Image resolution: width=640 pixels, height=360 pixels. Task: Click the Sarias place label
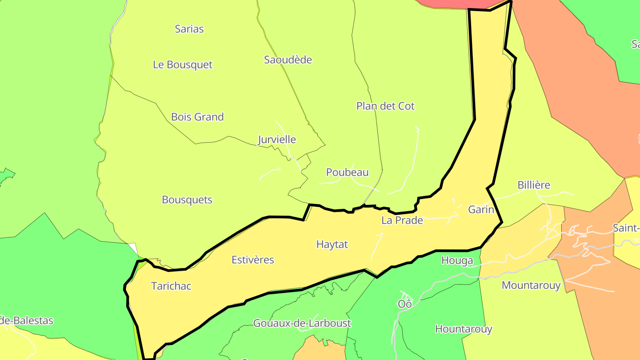click(x=189, y=29)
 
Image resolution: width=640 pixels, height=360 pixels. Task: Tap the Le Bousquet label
click(x=183, y=64)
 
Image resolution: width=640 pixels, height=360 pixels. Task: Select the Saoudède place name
click(x=288, y=60)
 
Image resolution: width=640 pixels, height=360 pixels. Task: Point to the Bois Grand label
click(x=197, y=117)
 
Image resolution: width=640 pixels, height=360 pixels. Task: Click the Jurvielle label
click(x=277, y=140)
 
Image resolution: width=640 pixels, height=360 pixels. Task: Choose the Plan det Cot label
click(x=385, y=106)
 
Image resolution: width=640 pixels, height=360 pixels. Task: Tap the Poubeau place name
click(x=348, y=172)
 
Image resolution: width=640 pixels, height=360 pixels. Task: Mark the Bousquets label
click(x=187, y=200)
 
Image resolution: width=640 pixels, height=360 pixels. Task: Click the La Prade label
click(x=402, y=220)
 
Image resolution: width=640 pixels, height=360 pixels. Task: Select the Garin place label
click(x=481, y=209)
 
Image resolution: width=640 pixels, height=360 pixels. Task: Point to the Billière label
click(x=534, y=185)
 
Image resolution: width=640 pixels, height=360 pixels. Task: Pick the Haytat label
click(x=332, y=244)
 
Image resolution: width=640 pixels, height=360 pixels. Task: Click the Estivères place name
click(x=253, y=260)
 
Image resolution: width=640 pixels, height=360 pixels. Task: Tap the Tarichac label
click(x=171, y=286)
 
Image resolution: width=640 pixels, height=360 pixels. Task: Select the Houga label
click(x=457, y=260)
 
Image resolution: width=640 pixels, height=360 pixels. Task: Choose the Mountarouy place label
click(x=531, y=285)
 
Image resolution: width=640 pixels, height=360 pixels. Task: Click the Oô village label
click(x=405, y=304)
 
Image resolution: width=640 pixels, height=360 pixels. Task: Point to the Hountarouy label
click(x=464, y=329)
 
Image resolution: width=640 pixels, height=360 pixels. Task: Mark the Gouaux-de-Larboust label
click(x=302, y=323)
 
